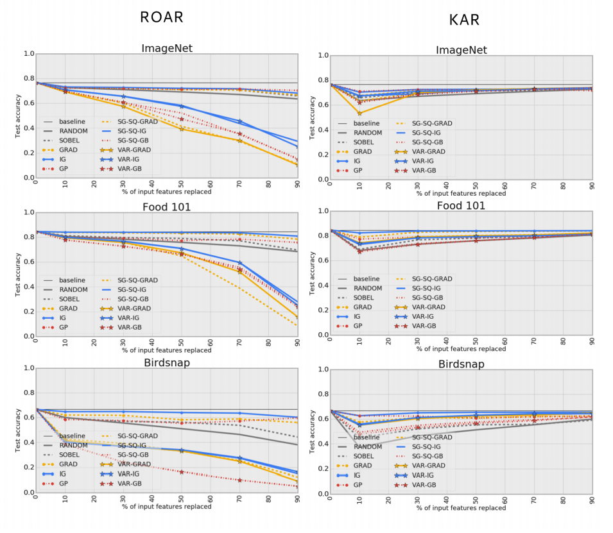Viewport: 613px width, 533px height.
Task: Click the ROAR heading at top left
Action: tap(162, 17)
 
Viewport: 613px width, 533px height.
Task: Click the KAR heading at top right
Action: tap(464, 20)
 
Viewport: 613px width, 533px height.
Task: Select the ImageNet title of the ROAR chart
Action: tap(167, 48)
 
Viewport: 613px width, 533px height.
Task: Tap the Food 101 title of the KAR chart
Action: tap(462, 206)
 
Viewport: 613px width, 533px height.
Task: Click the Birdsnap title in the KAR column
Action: tap(462, 364)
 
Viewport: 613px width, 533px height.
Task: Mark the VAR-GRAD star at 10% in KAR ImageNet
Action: tap(359, 114)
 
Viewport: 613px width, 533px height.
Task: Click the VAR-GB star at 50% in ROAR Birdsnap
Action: tap(181, 472)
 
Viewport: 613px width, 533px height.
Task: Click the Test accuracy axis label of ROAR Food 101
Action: tap(18, 275)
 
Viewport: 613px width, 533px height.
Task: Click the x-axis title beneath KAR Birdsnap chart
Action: tap(461, 508)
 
